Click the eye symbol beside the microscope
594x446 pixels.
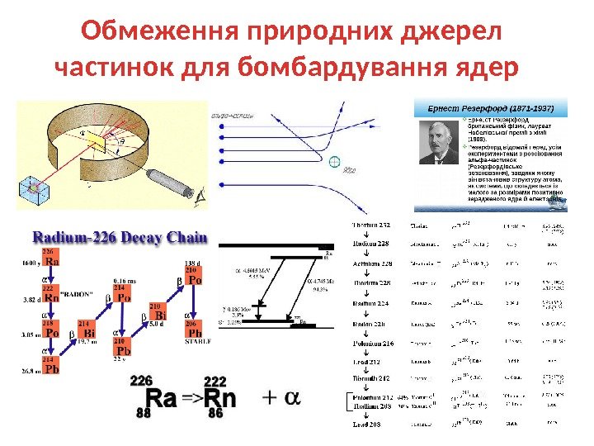click(199, 196)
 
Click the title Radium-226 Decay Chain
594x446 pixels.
click(119, 239)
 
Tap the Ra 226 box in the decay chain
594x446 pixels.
click(50, 258)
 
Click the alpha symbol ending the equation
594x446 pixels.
click(290, 397)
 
